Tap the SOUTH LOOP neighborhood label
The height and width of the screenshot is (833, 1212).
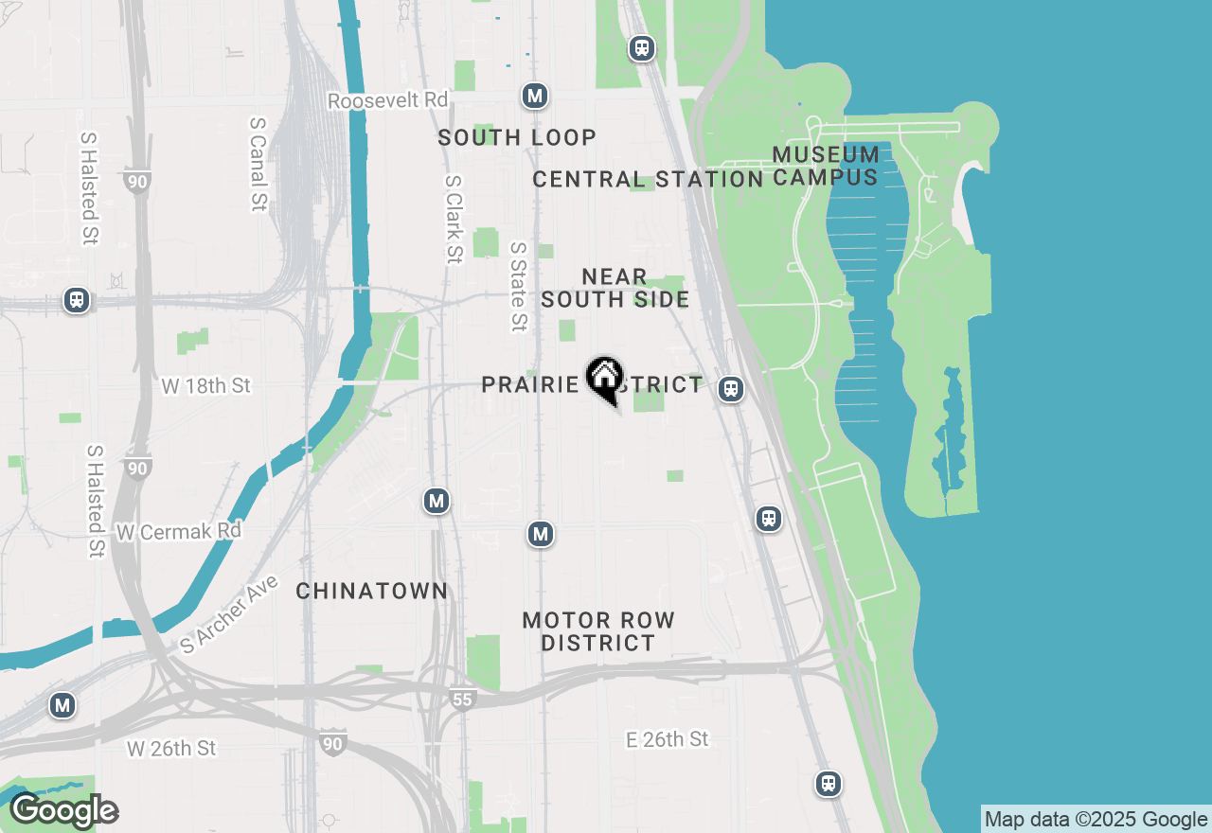[517, 137]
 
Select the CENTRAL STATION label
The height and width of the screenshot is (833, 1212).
[648, 179]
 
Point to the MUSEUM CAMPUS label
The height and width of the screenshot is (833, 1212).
[826, 166]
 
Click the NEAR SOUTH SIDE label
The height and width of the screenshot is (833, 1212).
[615, 288]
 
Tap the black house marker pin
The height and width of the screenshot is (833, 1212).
[604, 379]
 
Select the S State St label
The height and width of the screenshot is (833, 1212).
[518, 287]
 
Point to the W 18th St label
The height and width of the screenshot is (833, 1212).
[205, 386]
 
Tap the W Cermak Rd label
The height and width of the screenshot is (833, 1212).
[178, 532]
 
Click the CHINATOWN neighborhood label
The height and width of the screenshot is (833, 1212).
[371, 591]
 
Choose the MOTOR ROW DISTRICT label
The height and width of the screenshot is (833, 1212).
[598, 631]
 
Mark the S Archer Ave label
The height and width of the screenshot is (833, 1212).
[230, 614]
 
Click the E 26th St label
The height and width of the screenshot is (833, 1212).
[667, 739]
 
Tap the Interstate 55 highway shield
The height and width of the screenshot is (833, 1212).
[461, 700]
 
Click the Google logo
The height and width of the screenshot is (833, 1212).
[63, 811]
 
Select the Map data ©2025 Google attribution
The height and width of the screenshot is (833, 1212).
[1096, 820]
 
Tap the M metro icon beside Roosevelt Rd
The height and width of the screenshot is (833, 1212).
[535, 96]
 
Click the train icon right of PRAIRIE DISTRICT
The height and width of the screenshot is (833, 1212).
[730, 388]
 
